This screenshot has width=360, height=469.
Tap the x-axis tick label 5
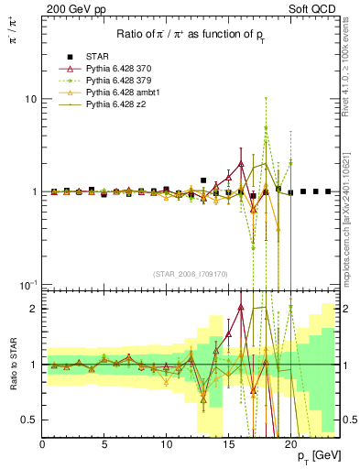click(x=104, y=444)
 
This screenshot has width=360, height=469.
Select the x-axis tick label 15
click(x=227, y=444)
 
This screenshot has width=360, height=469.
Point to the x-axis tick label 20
click(x=289, y=444)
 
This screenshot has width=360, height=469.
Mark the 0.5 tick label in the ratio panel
click(x=28, y=420)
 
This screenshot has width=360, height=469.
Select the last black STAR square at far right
click(x=328, y=191)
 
